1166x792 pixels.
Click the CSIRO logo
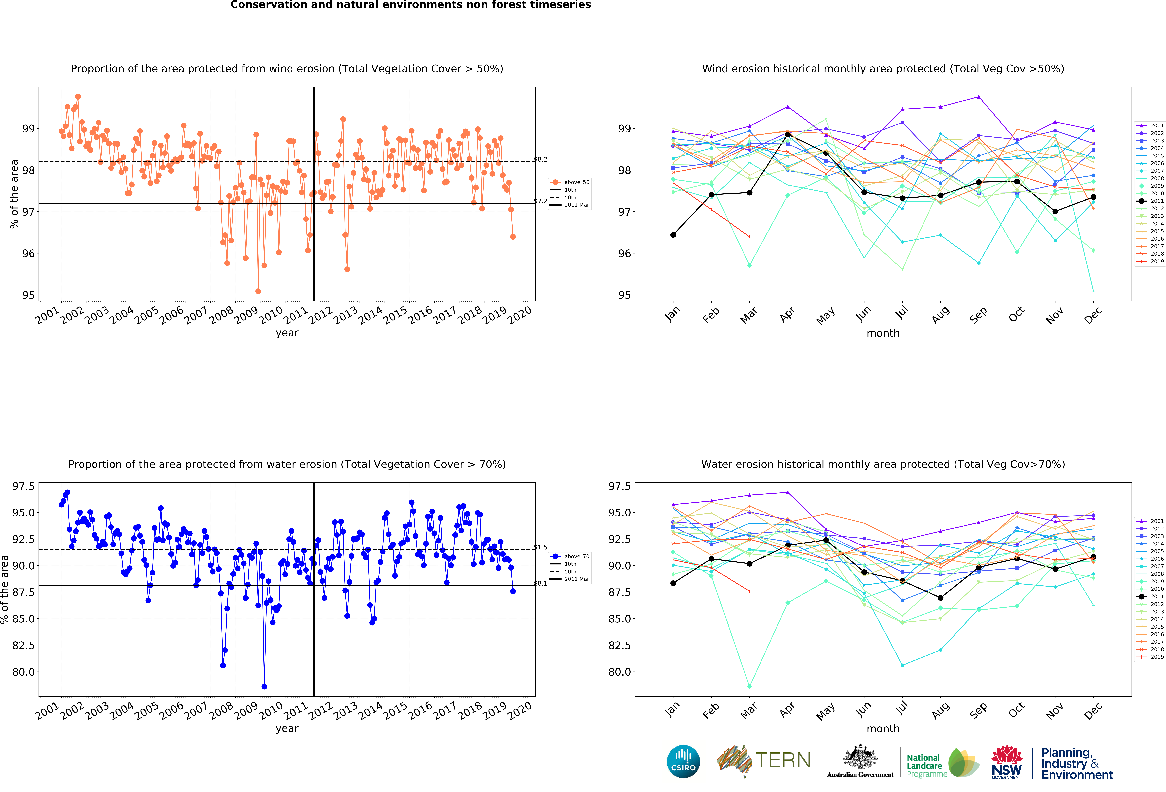pos(683,761)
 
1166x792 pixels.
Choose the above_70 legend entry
pos(570,556)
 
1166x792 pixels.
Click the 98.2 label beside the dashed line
pos(540,159)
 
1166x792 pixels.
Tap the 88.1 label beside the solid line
pos(540,583)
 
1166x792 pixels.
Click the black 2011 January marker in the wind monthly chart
pos(673,235)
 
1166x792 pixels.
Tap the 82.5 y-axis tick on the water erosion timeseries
pos(24,645)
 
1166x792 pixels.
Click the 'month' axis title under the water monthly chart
pos(883,729)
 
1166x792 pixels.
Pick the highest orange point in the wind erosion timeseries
pos(78,97)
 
